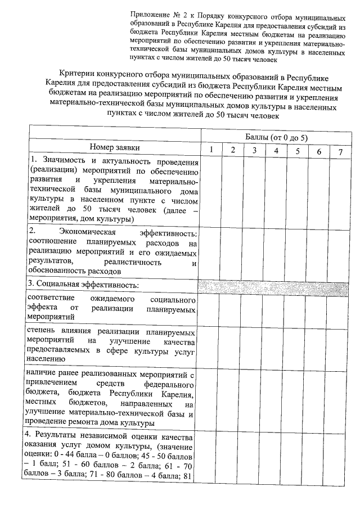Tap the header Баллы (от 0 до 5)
(277, 137)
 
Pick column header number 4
(276, 150)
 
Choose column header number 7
(340, 151)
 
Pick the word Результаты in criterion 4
(60, 436)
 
